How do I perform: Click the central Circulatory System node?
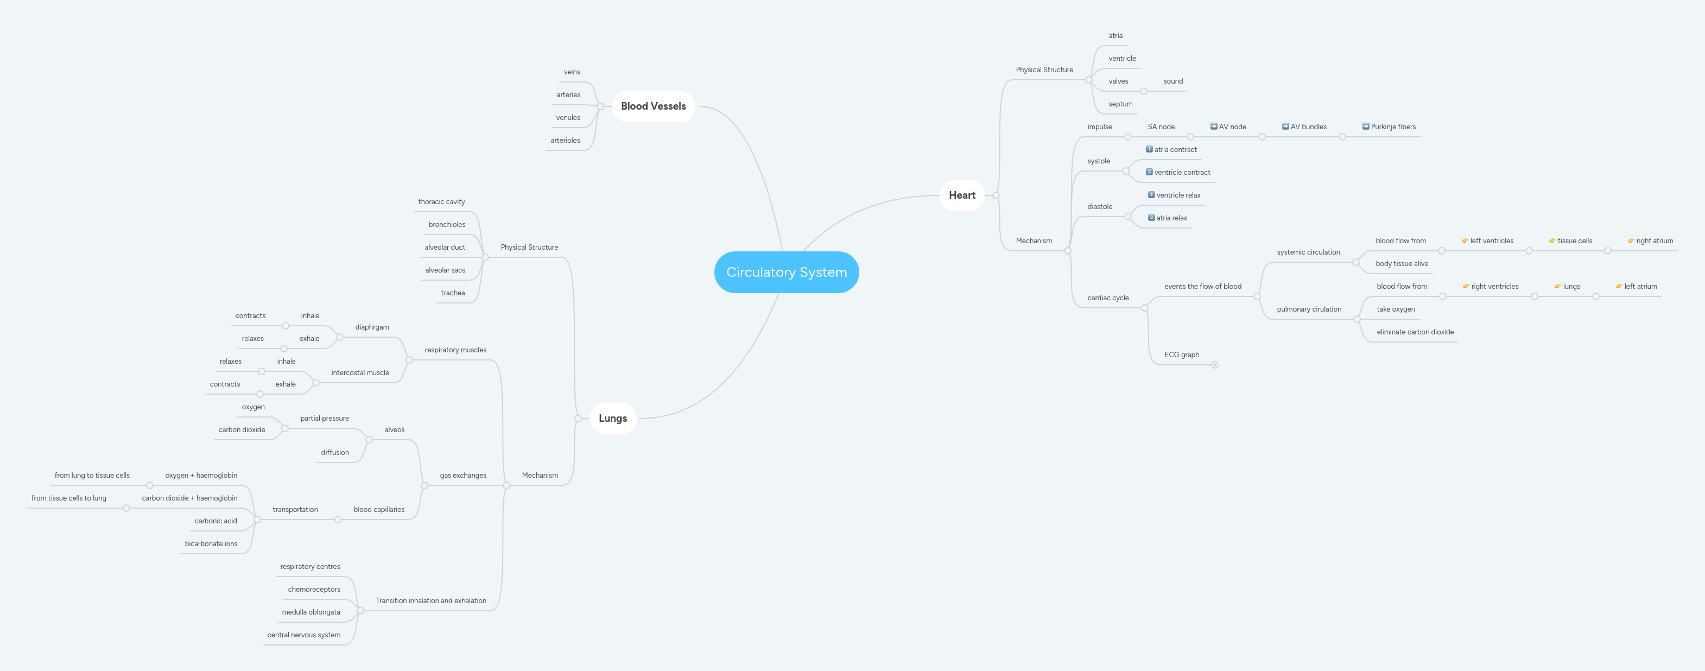787,272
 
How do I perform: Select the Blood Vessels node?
652,106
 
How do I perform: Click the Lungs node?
612,418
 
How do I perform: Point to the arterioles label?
565,140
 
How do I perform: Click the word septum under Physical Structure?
1120,104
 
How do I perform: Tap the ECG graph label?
1182,355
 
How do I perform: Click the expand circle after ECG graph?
1214,365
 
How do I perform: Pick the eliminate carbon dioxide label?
1415,332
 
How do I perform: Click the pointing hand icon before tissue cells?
1552,241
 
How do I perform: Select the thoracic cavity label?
441,202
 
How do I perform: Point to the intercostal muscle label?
360,372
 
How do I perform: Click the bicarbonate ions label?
211,544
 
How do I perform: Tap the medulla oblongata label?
310,612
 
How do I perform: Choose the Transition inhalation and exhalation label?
431,601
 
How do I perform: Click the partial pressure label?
324,418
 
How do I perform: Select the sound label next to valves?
1173,81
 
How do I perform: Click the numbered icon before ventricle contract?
1149,172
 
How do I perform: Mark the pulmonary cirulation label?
1309,309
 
